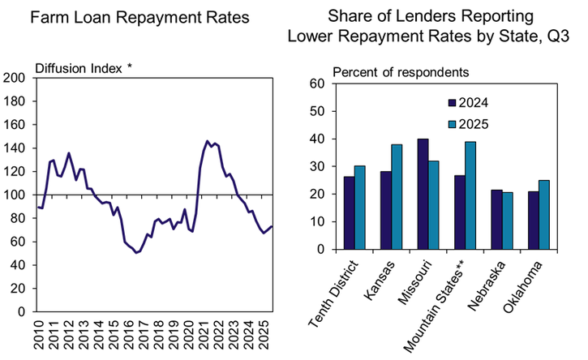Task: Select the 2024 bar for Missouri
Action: pyautogui.click(x=423, y=194)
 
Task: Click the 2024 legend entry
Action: pyautogui.click(x=473, y=103)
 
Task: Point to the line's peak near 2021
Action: pyautogui.click(x=208, y=141)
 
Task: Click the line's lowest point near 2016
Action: pyautogui.click(x=137, y=252)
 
